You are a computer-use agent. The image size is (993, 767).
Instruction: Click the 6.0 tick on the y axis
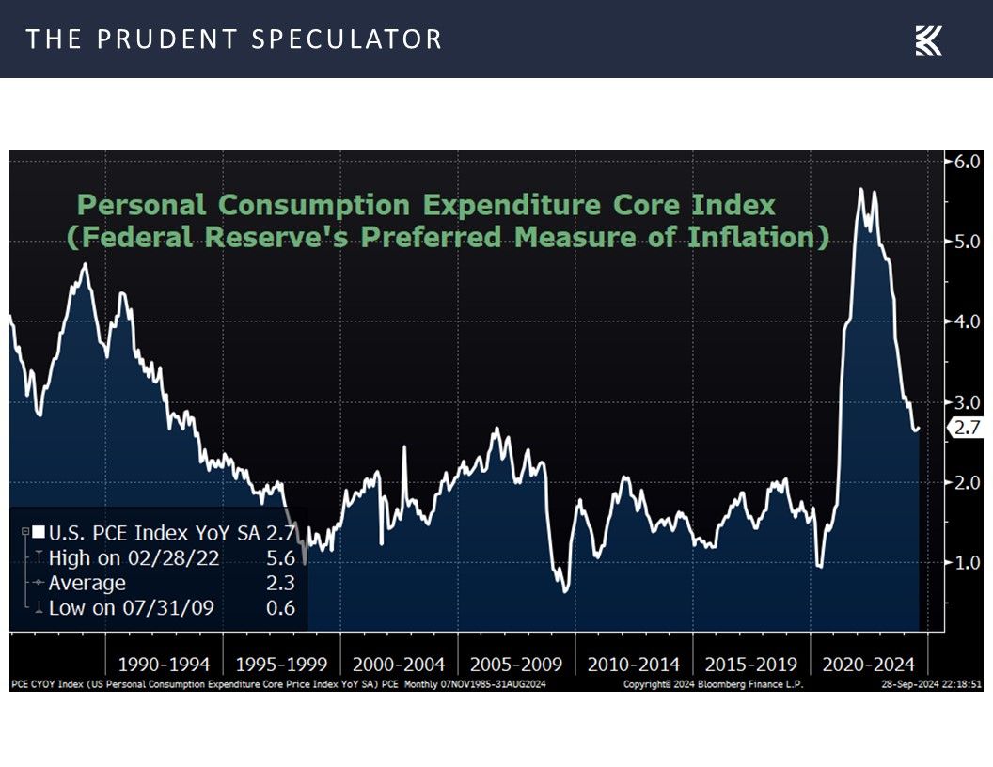pyautogui.click(x=968, y=161)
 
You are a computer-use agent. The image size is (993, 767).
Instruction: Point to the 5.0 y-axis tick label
pyautogui.click(x=968, y=242)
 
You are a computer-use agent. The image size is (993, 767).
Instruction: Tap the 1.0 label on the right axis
pyautogui.click(x=968, y=562)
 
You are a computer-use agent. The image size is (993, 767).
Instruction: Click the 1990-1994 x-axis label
pyautogui.click(x=165, y=665)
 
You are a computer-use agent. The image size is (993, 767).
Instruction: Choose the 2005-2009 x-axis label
pyautogui.click(x=516, y=665)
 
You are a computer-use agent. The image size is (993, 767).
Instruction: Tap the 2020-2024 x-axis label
pyautogui.click(x=869, y=665)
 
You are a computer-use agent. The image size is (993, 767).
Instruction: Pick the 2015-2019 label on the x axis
pyautogui.click(x=751, y=665)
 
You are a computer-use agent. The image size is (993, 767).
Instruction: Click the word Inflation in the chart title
pyautogui.click(x=764, y=237)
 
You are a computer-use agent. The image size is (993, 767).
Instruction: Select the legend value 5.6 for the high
pyautogui.click(x=280, y=558)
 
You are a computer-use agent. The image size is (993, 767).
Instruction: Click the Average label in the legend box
pyautogui.click(x=87, y=583)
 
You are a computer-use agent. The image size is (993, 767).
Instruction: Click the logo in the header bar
pyautogui.click(x=928, y=40)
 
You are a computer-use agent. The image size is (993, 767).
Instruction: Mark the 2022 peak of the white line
pyautogui.click(x=859, y=190)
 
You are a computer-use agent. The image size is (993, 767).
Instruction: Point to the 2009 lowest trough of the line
pyautogui.click(x=565, y=590)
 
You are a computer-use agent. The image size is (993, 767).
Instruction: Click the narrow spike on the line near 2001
pyautogui.click(x=404, y=448)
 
